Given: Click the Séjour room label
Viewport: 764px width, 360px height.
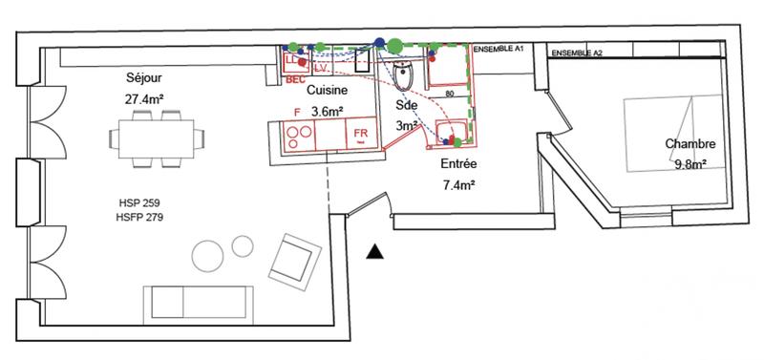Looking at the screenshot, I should (144, 78).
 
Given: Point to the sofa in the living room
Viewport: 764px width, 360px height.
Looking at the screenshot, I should (199, 303).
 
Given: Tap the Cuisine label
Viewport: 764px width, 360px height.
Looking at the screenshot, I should (326, 91).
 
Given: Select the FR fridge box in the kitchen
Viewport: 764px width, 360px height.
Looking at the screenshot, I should (361, 135).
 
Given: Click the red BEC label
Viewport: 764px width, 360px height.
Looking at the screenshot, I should (295, 82).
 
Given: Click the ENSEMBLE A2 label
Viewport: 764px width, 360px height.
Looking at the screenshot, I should (577, 53).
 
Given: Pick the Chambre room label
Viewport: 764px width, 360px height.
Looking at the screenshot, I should (690, 144).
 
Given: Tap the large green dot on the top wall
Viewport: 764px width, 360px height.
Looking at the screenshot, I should (394, 45).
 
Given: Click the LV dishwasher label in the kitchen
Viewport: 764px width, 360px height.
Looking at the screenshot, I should (321, 67).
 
